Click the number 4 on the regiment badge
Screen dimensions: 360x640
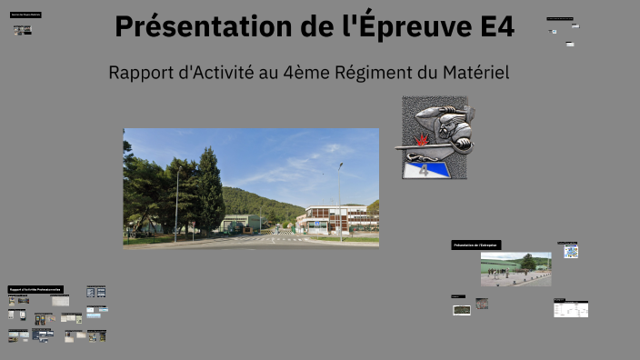(x=423, y=169)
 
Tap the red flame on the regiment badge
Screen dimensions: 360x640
(x=423, y=141)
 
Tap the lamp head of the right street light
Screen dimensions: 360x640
(x=341, y=165)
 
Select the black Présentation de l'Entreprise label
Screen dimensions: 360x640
(x=475, y=245)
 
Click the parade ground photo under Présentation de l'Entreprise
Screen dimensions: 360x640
(x=515, y=269)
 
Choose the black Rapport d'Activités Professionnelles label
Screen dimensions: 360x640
(x=35, y=289)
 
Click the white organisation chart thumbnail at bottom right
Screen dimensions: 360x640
(x=571, y=309)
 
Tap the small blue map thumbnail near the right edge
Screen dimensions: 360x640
(x=571, y=251)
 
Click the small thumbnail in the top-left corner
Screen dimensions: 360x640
(x=22, y=30)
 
